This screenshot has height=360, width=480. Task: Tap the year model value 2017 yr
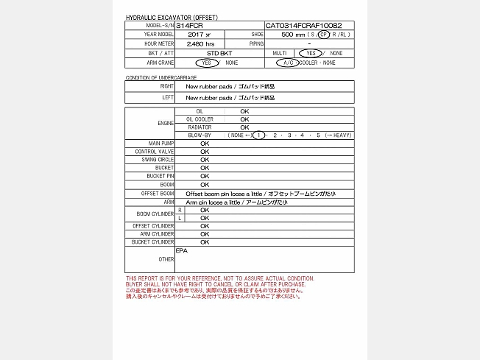[x=199, y=35]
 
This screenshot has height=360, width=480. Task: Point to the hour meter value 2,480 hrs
[x=200, y=44]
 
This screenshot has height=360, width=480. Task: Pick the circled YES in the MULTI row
[x=311, y=54]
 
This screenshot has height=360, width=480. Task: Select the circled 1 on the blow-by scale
[x=258, y=135]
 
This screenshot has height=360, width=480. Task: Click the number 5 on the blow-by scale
[x=319, y=135]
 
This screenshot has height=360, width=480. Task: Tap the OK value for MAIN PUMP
[x=205, y=143]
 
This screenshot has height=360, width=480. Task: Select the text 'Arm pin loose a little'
[x=213, y=202]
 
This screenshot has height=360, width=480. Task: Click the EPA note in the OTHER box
[x=181, y=251]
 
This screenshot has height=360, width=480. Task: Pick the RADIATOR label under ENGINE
[x=200, y=127]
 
